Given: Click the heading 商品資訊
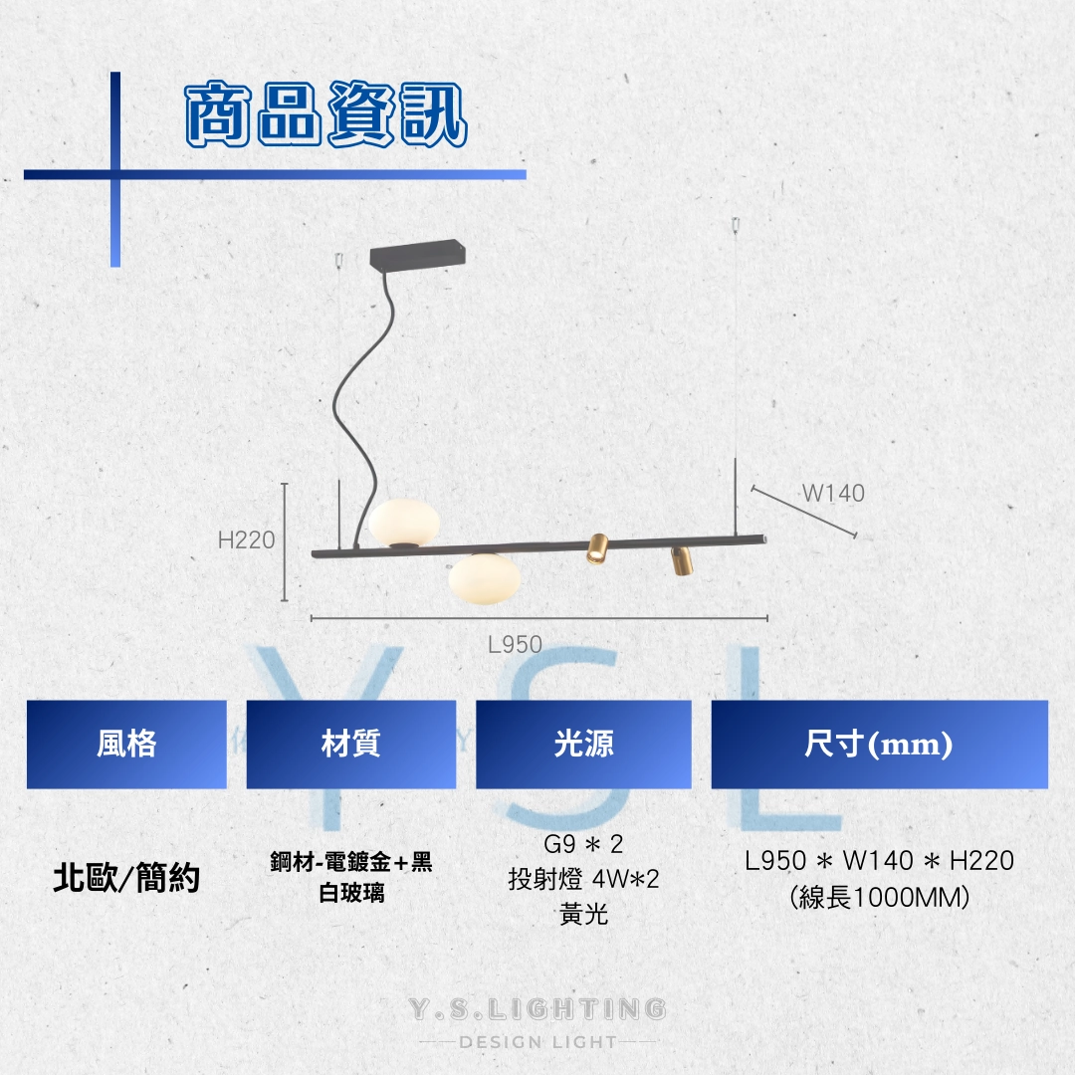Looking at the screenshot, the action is [326, 113].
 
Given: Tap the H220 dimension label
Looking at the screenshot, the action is [246, 540].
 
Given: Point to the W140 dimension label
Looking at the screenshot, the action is [833, 493].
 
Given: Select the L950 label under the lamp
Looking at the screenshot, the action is [515, 644].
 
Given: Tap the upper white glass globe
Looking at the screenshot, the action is [404, 524].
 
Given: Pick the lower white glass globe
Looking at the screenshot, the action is [484, 579].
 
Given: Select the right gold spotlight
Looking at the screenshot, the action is [682, 561].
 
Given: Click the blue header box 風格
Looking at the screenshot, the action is [126, 745].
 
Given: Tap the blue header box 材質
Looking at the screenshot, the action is [351, 745].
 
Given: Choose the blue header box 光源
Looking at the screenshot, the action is [583, 745].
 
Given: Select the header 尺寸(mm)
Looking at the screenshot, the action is [880, 745].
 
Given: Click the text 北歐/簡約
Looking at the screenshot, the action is [126, 878].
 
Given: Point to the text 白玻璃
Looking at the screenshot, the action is [351, 893].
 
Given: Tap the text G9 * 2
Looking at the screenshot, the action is [583, 844].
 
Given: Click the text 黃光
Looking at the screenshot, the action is [583, 914].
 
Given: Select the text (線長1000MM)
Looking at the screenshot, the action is [880, 897].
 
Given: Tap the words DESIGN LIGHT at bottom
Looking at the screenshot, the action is [538, 1042].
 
